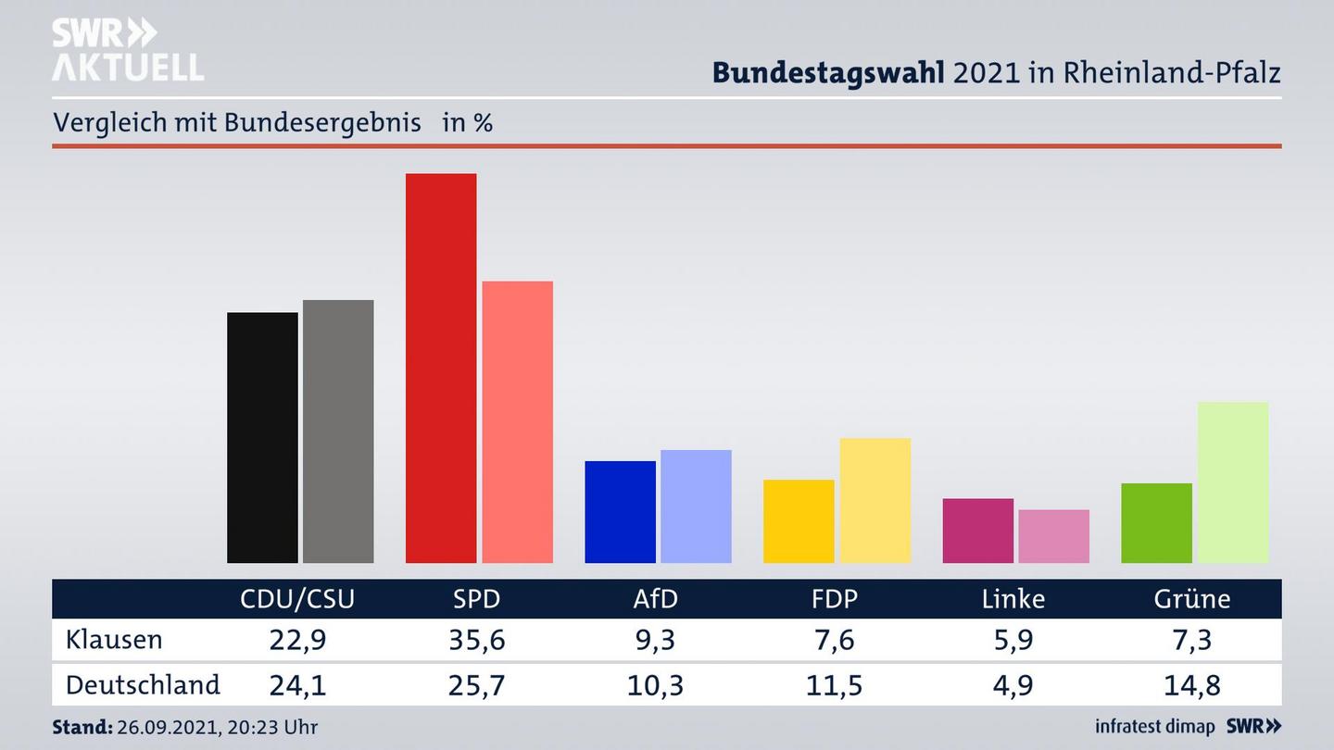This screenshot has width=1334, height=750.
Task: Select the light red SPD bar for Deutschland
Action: [x=517, y=421]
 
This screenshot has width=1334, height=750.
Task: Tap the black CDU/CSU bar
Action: [x=262, y=437]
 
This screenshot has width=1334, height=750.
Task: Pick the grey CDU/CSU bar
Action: [x=338, y=431]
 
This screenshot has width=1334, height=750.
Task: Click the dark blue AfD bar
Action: [x=620, y=511]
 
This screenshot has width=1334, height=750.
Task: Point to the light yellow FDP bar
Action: [x=875, y=500]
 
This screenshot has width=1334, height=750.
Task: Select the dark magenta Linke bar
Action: [x=977, y=531]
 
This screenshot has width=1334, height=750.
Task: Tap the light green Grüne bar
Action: [x=1232, y=481]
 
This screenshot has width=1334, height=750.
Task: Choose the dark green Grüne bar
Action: [x=1156, y=523]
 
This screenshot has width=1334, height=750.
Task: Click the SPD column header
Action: [x=476, y=599]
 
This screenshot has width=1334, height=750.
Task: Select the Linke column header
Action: [x=1013, y=599]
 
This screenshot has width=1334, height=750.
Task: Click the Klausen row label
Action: [x=114, y=640]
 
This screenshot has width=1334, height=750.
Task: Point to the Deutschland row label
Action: [x=143, y=685]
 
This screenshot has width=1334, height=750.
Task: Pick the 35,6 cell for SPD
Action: [x=476, y=640]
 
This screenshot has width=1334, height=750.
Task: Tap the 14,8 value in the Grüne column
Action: [x=1191, y=685]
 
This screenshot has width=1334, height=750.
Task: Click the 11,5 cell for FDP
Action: [x=834, y=685]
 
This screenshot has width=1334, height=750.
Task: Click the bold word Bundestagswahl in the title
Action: [x=828, y=72]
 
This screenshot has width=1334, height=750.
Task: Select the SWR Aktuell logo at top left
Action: [x=127, y=50]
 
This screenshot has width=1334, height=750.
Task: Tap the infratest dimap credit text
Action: [x=1155, y=727]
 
